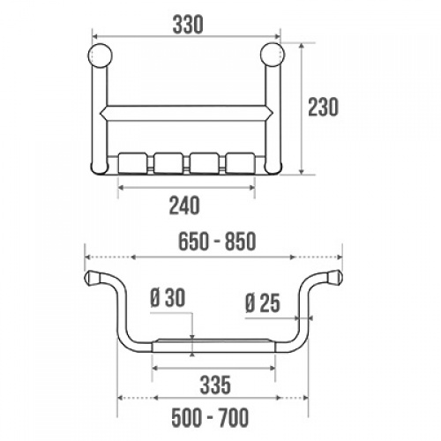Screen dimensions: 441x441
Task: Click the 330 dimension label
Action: tap(186, 25)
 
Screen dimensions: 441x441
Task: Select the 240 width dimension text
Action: tap(185, 205)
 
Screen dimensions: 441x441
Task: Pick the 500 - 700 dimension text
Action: tap(211, 416)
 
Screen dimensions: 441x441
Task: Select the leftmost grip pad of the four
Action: tap(132, 163)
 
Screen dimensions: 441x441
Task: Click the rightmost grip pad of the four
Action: tap(240, 163)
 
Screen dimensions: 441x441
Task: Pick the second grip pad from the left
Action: tap(168, 163)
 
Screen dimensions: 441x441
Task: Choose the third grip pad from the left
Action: tap(204, 163)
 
